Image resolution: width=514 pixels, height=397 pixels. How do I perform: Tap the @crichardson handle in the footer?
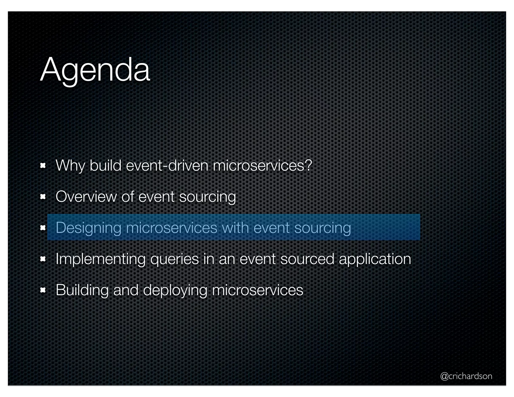(x=466, y=376)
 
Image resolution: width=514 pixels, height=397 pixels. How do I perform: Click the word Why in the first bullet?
(x=70, y=166)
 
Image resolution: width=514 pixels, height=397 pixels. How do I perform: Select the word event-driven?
(x=167, y=166)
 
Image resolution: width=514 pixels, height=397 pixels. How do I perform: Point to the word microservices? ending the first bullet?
(x=262, y=166)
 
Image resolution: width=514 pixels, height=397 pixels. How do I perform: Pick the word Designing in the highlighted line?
(x=88, y=228)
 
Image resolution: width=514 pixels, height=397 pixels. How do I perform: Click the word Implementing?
(x=100, y=259)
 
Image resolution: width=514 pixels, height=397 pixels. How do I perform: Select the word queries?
(x=174, y=259)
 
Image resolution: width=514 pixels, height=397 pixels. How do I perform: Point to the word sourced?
(x=307, y=259)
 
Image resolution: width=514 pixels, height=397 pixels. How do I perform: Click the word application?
(x=375, y=259)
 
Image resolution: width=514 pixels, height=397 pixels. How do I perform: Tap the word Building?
(x=82, y=290)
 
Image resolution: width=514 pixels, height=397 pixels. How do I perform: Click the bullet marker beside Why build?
(x=43, y=166)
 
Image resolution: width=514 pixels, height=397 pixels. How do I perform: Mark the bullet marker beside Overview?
(x=43, y=197)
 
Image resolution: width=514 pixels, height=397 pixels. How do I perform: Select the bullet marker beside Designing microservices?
(x=43, y=228)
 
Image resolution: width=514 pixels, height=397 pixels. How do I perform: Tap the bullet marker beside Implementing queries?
(x=43, y=259)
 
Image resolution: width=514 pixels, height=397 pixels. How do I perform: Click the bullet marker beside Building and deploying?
(x=43, y=290)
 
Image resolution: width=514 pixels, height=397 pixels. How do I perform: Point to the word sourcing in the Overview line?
(x=207, y=197)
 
